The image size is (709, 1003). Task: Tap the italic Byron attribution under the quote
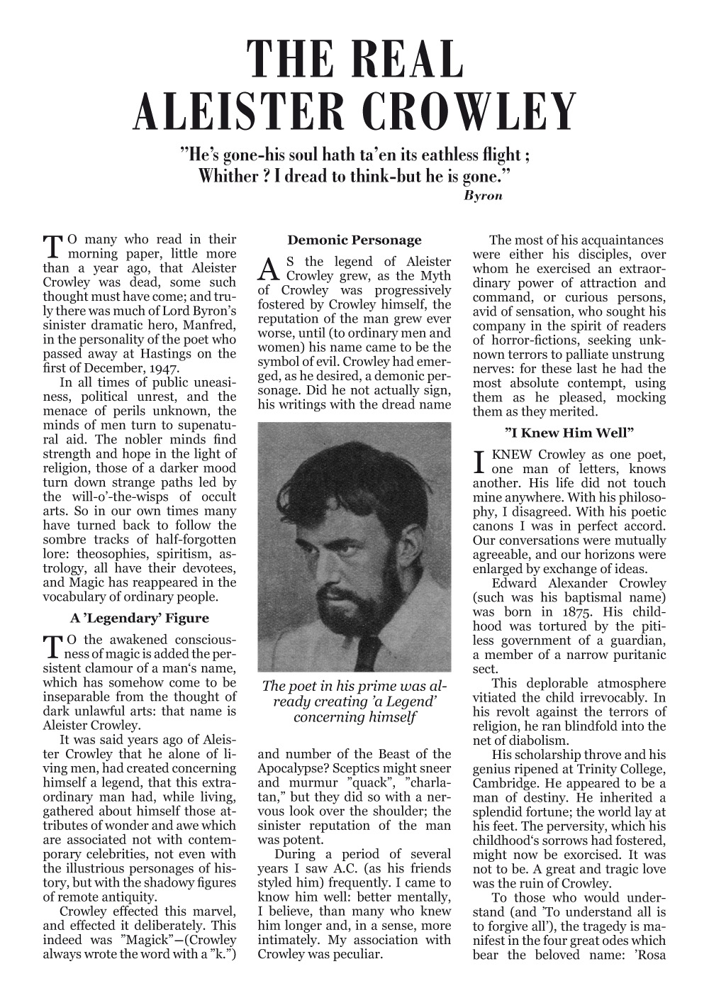(483, 195)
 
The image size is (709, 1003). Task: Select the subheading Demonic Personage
(354, 240)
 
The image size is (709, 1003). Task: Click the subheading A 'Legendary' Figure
(139, 619)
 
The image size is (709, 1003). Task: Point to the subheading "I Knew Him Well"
(569, 433)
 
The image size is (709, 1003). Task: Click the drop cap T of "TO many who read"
(53, 246)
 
